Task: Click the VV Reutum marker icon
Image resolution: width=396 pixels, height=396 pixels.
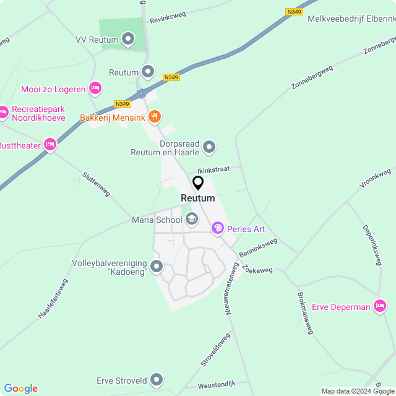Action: click(x=129, y=40)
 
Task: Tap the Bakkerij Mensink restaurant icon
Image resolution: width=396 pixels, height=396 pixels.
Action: click(x=155, y=116)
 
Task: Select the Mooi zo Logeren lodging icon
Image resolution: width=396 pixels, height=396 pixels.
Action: click(x=95, y=89)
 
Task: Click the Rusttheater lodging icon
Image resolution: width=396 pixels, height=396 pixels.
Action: click(x=50, y=145)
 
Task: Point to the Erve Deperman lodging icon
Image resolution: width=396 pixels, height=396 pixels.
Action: click(x=379, y=306)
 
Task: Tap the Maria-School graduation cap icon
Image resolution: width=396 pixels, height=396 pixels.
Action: click(x=192, y=219)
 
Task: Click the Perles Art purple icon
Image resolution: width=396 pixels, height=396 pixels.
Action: click(x=217, y=229)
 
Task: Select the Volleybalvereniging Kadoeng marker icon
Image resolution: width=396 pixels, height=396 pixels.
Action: click(x=156, y=267)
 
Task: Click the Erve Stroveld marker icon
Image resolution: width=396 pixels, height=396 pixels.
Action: click(x=157, y=380)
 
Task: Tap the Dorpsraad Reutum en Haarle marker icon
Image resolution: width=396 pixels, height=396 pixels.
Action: click(x=209, y=147)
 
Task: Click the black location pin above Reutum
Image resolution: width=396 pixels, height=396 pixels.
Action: click(x=198, y=183)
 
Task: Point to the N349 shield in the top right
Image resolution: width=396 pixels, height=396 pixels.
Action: click(x=295, y=11)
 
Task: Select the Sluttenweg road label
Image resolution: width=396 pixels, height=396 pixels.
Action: click(x=96, y=184)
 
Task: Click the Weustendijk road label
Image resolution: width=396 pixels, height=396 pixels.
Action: click(x=217, y=385)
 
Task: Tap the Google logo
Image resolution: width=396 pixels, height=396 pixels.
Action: click(x=20, y=389)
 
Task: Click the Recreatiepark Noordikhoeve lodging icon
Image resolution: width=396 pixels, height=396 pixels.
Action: click(x=4, y=112)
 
